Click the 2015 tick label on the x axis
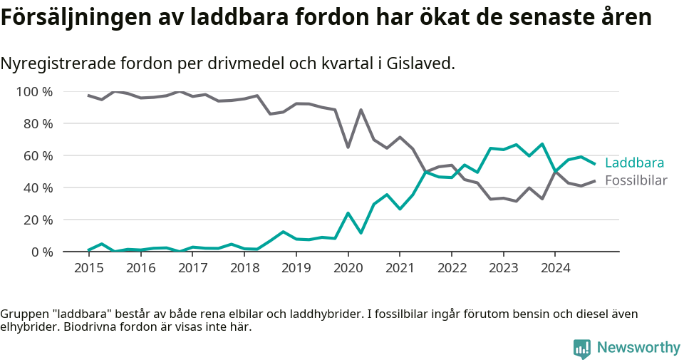pyautogui.click(x=89, y=268)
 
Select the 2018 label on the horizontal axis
pyautogui.click(x=244, y=268)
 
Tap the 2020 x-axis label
pyautogui.click(x=348, y=268)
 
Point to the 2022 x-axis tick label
pyautogui.click(x=452, y=268)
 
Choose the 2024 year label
pyautogui.click(x=555, y=268)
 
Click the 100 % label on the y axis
pyautogui.click(x=34, y=91)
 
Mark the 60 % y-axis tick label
pyautogui.click(x=38, y=155)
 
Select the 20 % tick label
pyautogui.click(x=38, y=220)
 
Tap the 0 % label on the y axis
pyautogui.click(x=41, y=252)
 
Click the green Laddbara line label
pyautogui.click(x=634, y=163)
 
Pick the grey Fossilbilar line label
pyautogui.click(x=636, y=180)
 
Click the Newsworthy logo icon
pyautogui.click(x=582, y=349)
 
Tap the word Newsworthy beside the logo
pyautogui.click(x=638, y=348)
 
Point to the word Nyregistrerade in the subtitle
pyautogui.click(x=56, y=63)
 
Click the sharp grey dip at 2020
pyautogui.click(x=348, y=147)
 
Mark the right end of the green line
pyautogui.click(x=595, y=164)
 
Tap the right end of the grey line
pyautogui.click(x=595, y=180)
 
